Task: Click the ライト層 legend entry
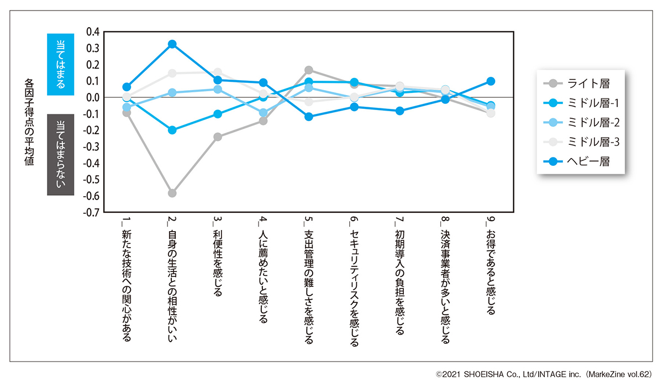click(x=580, y=84)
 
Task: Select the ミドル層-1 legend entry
click(x=580, y=103)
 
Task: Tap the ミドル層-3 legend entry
click(x=580, y=142)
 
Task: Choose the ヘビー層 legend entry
click(x=580, y=161)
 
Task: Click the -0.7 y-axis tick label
click(x=91, y=212)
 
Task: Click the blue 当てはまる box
click(x=61, y=64)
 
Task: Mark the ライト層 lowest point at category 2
click(x=172, y=193)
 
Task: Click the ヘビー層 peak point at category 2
click(x=172, y=44)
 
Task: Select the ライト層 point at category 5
click(x=309, y=70)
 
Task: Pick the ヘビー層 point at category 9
click(x=491, y=81)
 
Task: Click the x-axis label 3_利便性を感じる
click(x=217, y=258)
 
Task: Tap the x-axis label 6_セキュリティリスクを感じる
click(x=354, y=283)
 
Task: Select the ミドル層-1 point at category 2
click(x=172, y=130)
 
